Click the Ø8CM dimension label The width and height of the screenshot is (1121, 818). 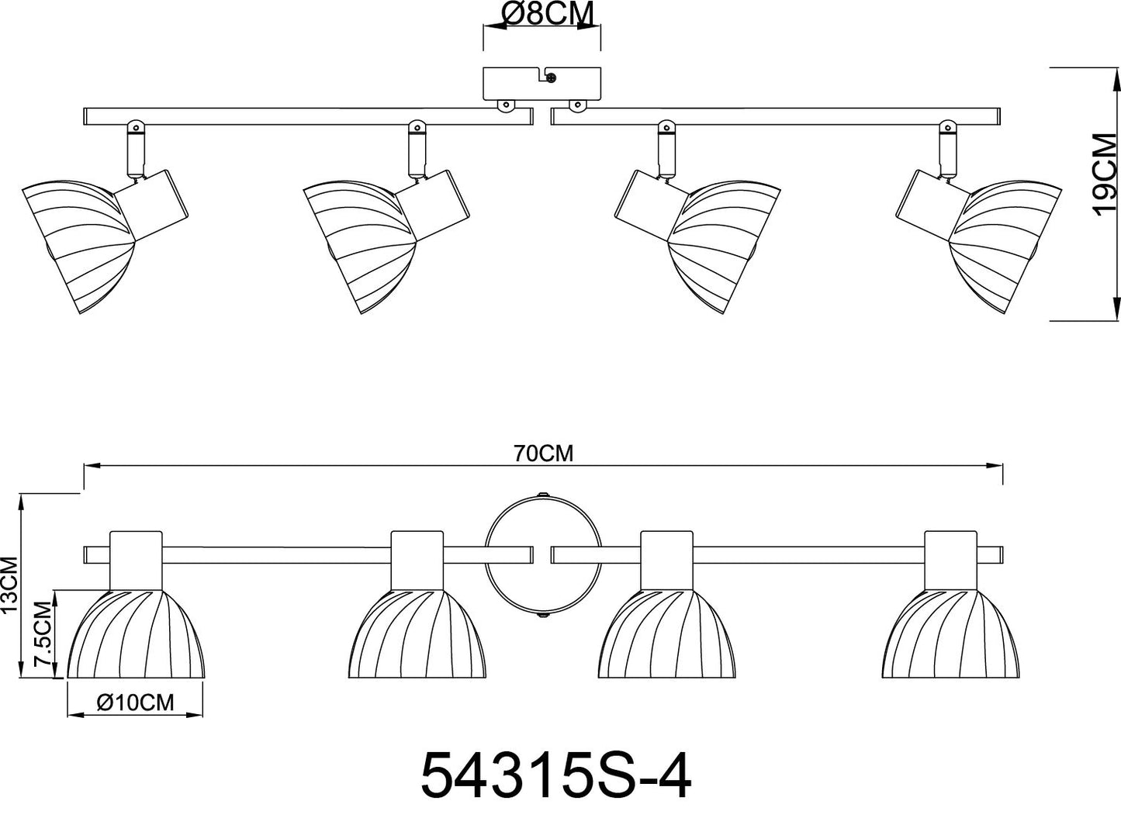tap(548, 14)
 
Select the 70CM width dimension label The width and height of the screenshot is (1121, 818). tap(543, 454)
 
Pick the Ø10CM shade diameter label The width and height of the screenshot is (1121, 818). tap(135, 702)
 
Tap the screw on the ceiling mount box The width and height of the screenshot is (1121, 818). tap(552, 78)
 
